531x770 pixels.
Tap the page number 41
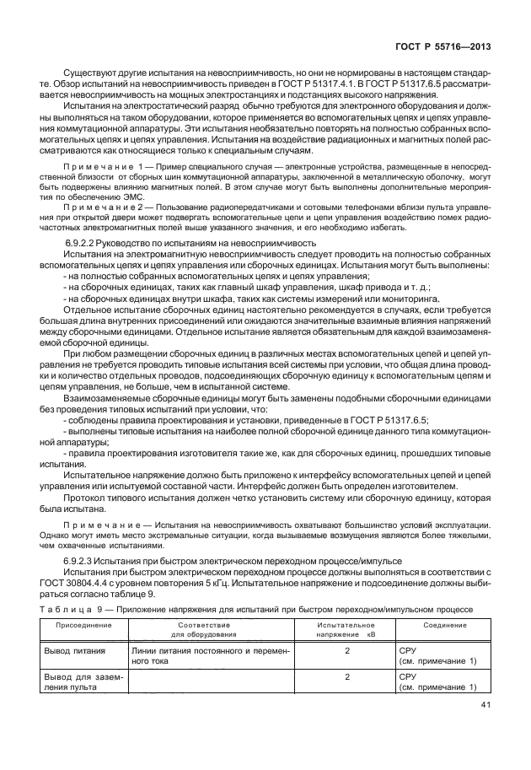click(484, 706)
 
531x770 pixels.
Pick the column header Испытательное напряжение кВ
click(346, 629)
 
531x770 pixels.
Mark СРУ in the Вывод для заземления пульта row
click(408, 676)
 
